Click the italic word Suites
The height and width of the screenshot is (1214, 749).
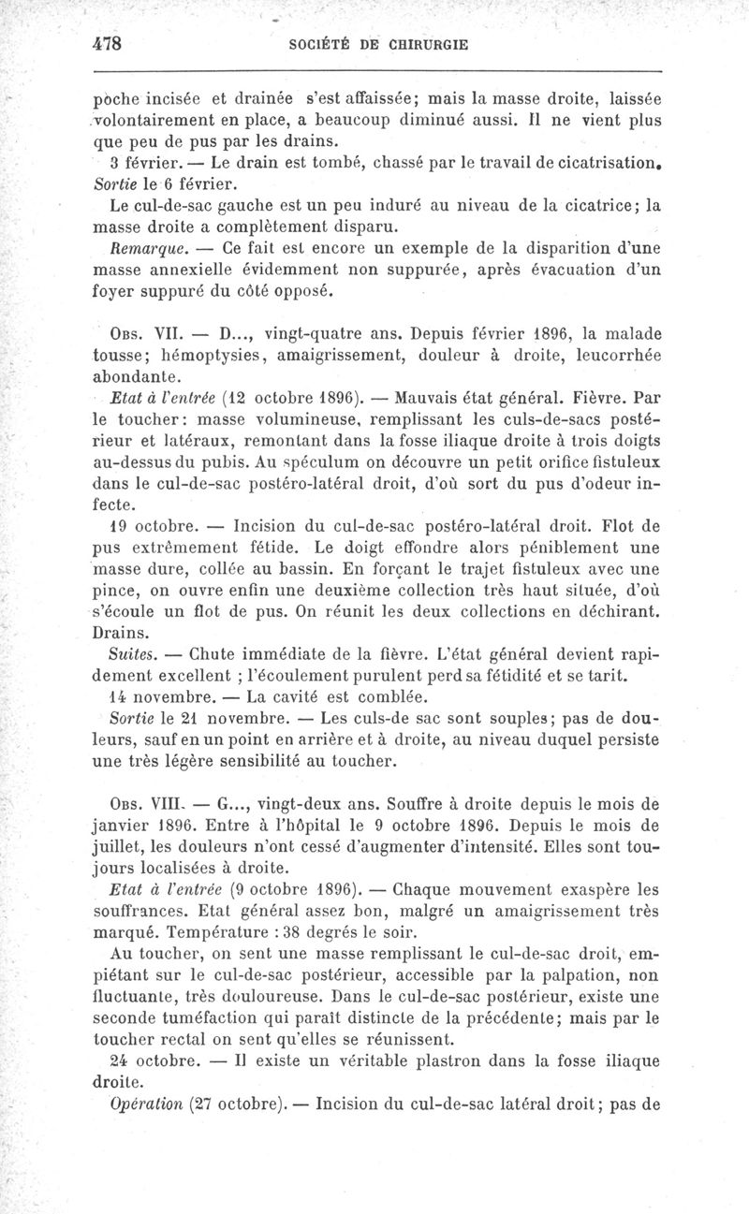click(131, 656)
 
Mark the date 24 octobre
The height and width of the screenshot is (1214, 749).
click(151, 1060)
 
